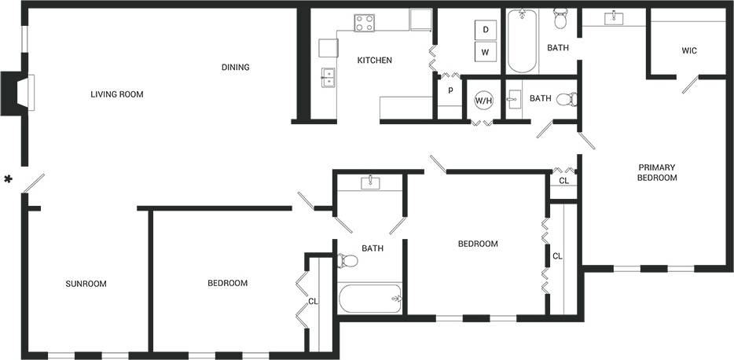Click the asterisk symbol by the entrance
pyautogui.click(x=9, y=180)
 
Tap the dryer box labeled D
pyautogui.click(x=486, y=30)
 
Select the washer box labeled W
pyautogui.click(x=486, y=53)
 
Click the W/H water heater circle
pyautogui.click(x=483, y=101)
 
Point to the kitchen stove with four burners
pyautogui.click(x=364, y=23)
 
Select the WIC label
pyautogui.click(x=689, y=51)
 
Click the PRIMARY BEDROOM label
pyautogui.click(x=657, y=172)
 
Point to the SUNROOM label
pyautogui.click(x=86, y=284)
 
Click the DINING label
pyautogui.click(x=235, y=68)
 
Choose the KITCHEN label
pyautogui.click(x=374, y=61)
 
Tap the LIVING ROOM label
pyautogui.click(x=117, y=94)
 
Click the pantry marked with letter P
pyautogui.click(x=450, y=90)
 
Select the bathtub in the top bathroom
pyautogui.click(x=522, y=41)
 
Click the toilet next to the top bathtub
pyautogui.click(x=560, y=17)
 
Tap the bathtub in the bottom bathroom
pyautogui.click(x=370, y=299)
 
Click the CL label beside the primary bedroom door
pyautogui.click(x=563, y=181)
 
